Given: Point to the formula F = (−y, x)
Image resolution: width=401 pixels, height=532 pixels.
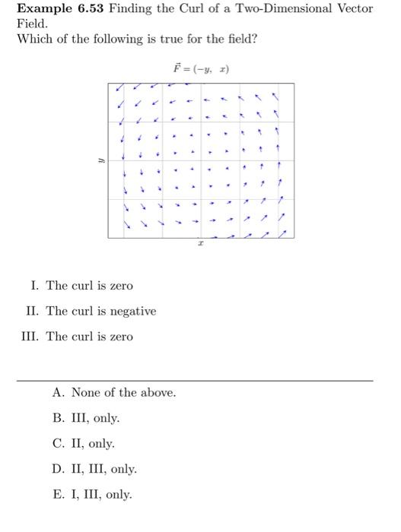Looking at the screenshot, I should tap(201, 69).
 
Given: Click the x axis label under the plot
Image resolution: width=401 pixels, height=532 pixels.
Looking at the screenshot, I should tap(200, 245).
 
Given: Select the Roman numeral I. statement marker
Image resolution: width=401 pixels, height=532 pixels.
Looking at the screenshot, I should tap(35, 286).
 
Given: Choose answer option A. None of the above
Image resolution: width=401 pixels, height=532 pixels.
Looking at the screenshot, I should tap(114, 393).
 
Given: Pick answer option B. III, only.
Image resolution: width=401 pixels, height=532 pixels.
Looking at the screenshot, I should tap(86, 418).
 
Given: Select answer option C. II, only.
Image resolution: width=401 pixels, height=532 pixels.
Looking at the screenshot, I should tap(84, 444).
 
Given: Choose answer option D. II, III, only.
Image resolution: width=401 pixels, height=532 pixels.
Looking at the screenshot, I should tap(94, 469).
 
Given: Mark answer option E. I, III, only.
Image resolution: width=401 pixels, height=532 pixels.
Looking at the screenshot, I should tap(92, 495).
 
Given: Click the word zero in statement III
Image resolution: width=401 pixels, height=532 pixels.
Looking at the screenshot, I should tap(120, 337).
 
